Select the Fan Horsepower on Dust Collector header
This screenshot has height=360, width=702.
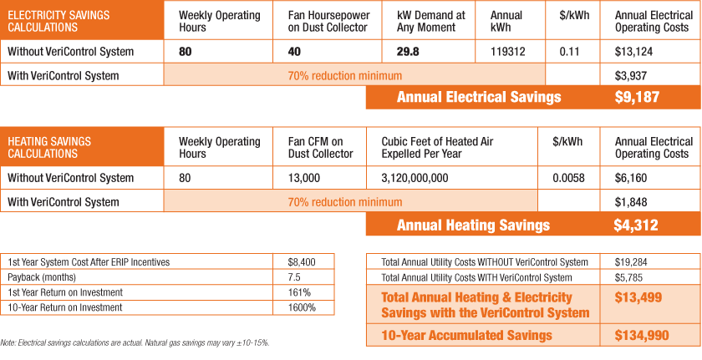(323, 21)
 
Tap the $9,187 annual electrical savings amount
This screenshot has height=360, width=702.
(637, 98)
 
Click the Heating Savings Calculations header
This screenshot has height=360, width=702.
(49, 148)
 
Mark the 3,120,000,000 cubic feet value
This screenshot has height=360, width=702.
(415, 178)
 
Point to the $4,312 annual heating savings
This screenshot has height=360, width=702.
(637, 225)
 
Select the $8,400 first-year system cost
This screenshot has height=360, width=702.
(302, 262)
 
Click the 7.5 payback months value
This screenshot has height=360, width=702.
(294, 277)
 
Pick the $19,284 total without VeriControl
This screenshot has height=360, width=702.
(631, 262)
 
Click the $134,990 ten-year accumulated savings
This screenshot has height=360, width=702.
(638, 335)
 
